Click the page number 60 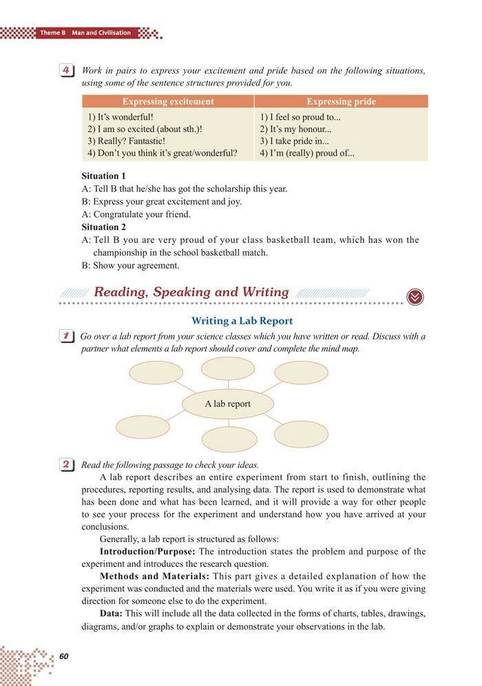(x=64, y=655)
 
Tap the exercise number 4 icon (x=67, y=72)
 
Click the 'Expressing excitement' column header (x=168, y=101)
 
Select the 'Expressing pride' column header (x=341, y=101)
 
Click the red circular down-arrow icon (x=415, y=296)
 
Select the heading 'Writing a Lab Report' (x=242, y=320)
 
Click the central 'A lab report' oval (x=227, y=404)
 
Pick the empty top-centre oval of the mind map (x=227, y=368)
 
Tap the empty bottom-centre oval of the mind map (x=229, y=439)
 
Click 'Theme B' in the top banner (x=52, y=32)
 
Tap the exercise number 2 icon (x=67, y=465)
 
